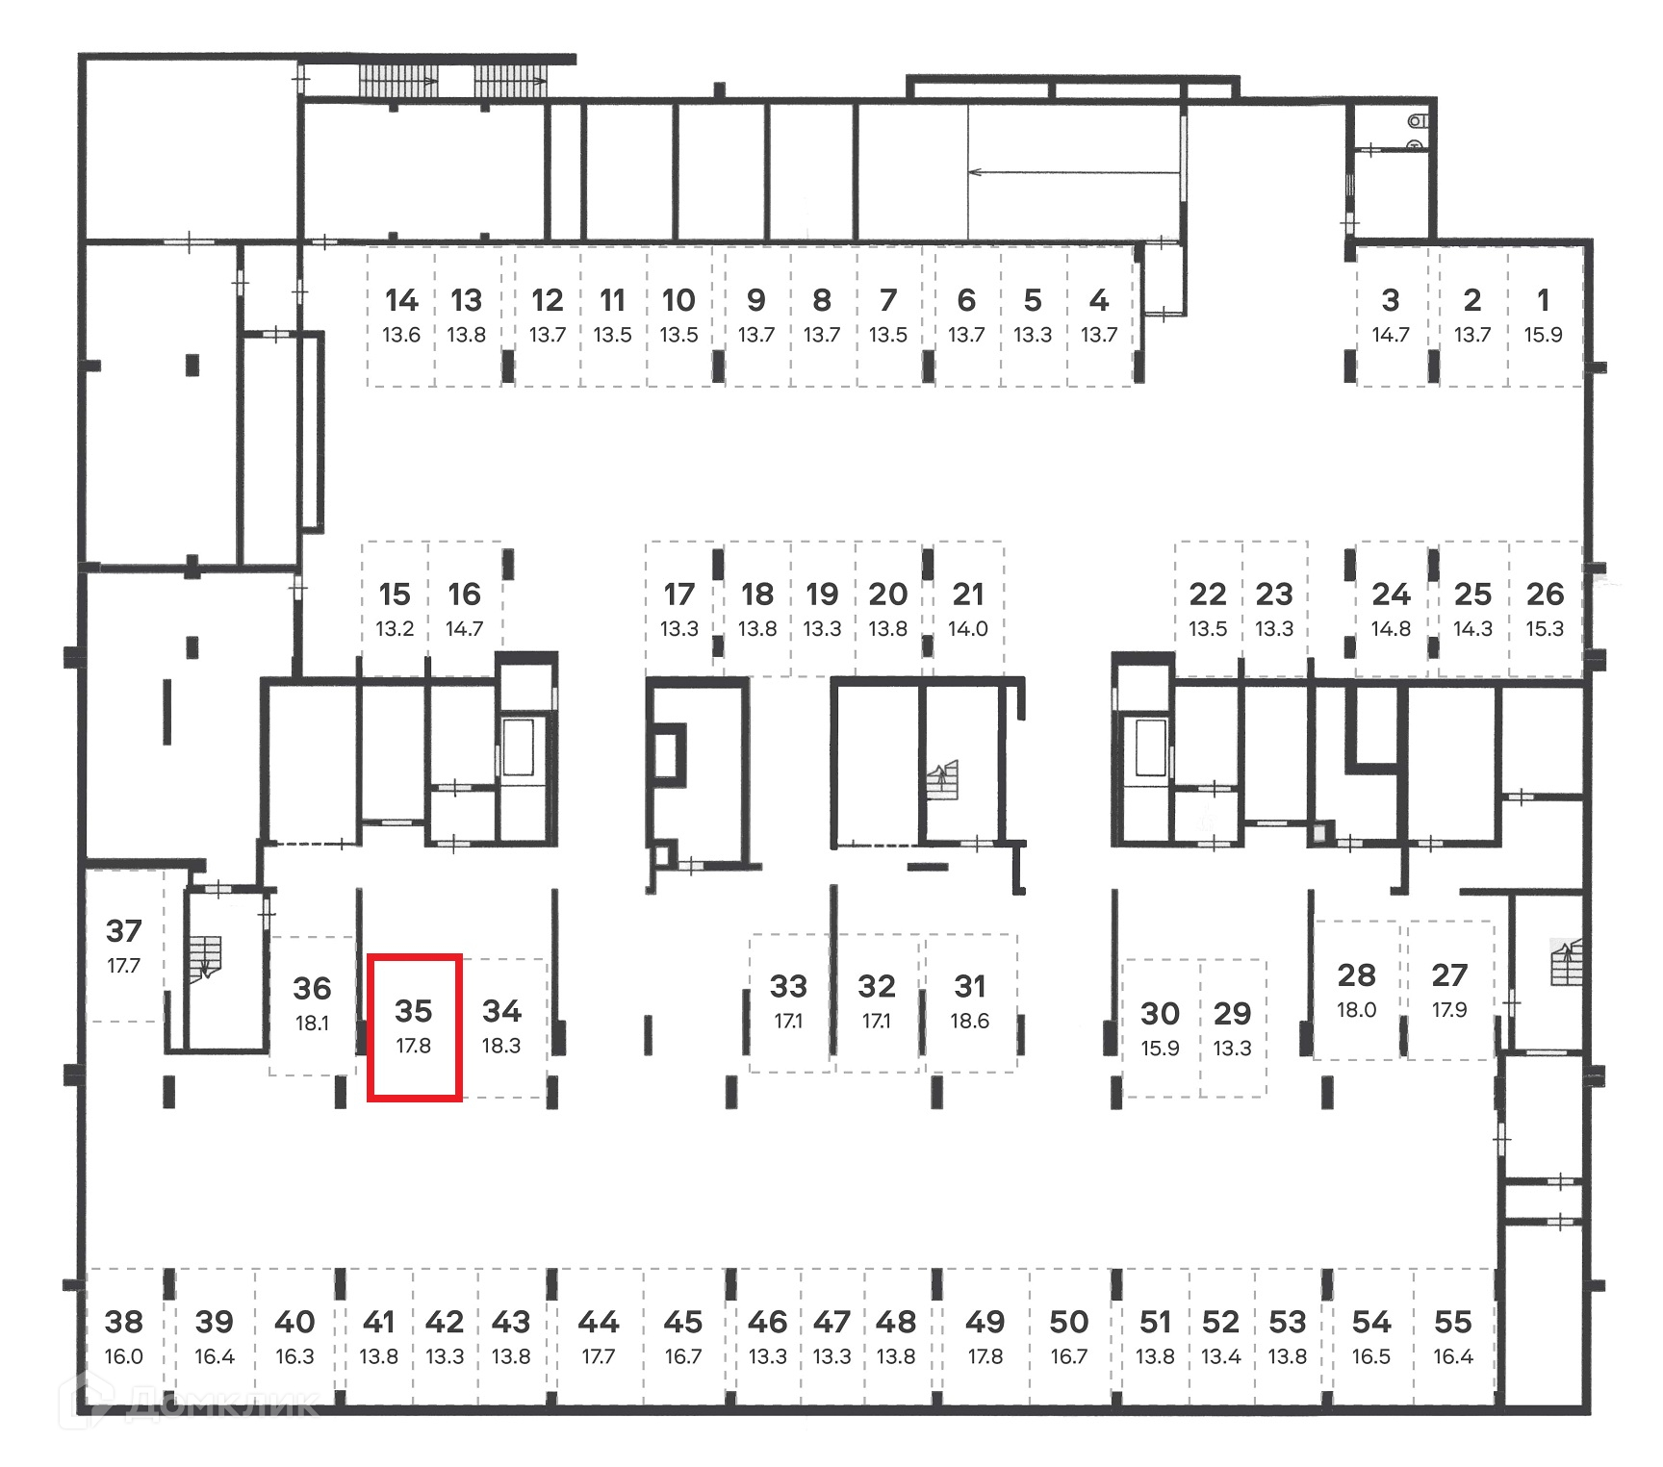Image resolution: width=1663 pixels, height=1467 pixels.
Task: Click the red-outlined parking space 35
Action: pyautogui.click(x=415, y=1026)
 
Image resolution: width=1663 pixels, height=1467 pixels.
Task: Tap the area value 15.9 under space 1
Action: pyautogui.click(x=1543, y=335)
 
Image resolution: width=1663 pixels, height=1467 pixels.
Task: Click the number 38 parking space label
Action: pyautogui.click(x=124, y=1322)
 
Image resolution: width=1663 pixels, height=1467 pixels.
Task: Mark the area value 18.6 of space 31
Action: pyautogui.click(x=969, y=1021)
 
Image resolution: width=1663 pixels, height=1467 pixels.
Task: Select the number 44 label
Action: pyautogui.click(x=598, y=1322)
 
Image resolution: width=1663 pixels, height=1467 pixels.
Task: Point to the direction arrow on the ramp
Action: pyautogui.click(x=1073, y=173)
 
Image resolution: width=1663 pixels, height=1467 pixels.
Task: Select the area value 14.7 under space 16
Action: pyautogui.click(x=464, y=629)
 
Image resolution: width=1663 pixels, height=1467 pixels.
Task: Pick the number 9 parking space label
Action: pyautogui.click(x=756, y=301)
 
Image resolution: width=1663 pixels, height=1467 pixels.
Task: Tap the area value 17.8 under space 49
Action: pyautogui.click(x=985, y=1356)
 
